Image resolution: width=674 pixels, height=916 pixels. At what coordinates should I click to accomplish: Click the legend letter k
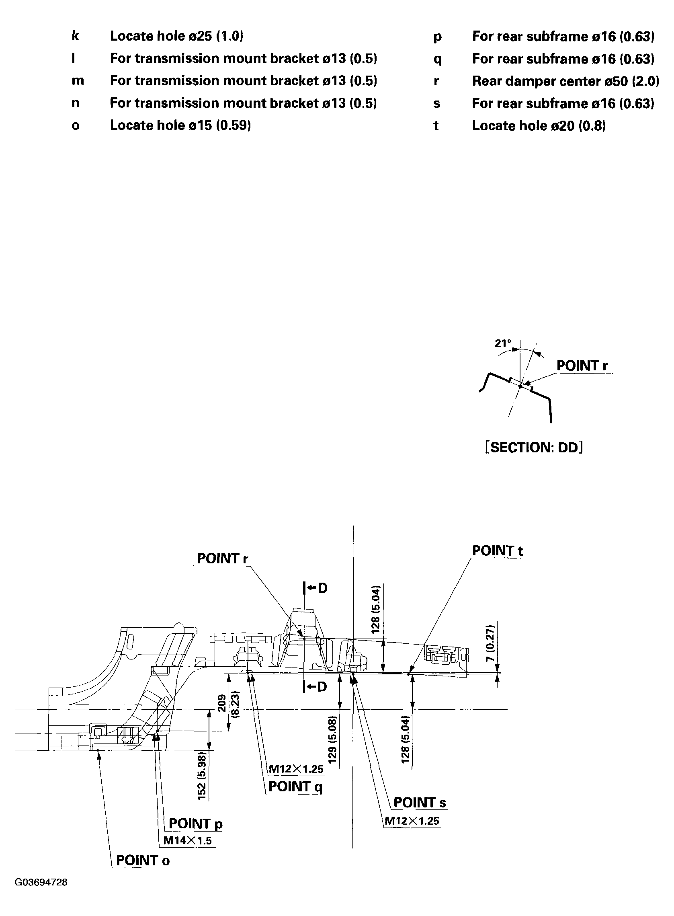(x=75, y=36)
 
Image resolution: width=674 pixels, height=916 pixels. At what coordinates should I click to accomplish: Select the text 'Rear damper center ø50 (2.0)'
(x=565, y=81)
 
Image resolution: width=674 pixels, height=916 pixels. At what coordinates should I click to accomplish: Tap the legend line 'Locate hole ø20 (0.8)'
(x=539, y=126)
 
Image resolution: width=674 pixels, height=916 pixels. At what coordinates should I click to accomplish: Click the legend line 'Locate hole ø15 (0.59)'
(x=180, y=125)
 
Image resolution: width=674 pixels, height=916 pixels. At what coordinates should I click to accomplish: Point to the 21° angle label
(x=503, y=344)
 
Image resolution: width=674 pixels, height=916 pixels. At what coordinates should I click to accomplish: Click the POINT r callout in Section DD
(x=582, y=366)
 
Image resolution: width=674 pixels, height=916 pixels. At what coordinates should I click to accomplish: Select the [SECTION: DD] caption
(x=534, y=448)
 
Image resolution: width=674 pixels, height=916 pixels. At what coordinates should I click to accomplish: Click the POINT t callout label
(x=497, y=550)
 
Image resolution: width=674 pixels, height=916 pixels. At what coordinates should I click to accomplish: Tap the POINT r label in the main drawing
(x=222, y=559)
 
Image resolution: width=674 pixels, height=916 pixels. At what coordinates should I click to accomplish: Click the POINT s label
(x=420, y=803)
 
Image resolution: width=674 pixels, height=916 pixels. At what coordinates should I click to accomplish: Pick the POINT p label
(x=196, y=824)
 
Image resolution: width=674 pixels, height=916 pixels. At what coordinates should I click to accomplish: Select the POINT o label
(x=142, y=861)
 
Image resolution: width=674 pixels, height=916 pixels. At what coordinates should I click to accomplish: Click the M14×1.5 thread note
(x=187, y=840)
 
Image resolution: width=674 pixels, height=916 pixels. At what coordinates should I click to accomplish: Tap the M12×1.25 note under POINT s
(x=412, y=821)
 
